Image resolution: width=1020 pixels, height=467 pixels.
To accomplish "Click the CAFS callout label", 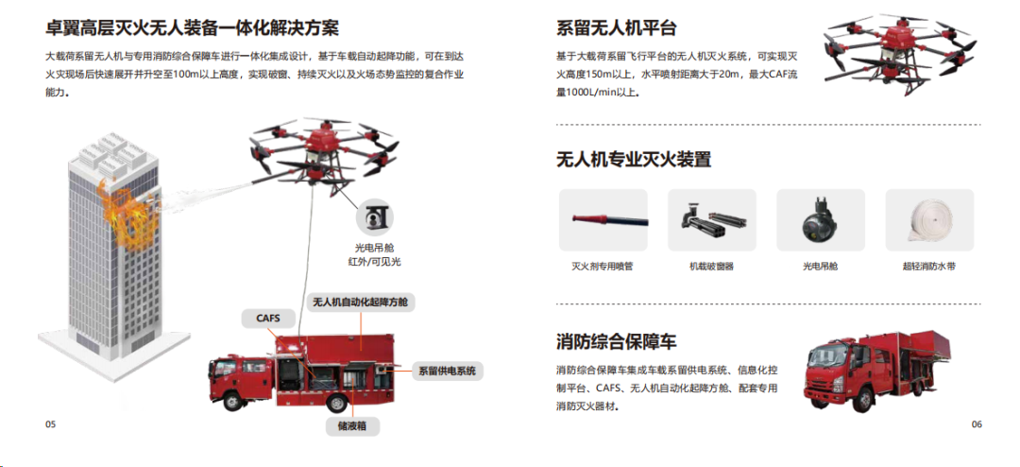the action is click(x=269, y=319).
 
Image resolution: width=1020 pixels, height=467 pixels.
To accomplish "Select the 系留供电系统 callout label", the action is click(x=447, y=372).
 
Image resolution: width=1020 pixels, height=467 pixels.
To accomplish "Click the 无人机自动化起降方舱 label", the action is click(x=361, y=303).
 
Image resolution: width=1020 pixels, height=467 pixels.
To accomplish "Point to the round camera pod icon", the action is click(x=375, y=218).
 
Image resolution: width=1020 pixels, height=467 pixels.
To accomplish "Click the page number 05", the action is click(x=51, y=424).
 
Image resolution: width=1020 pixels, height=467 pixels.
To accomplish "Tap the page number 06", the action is click(x=977, y=424).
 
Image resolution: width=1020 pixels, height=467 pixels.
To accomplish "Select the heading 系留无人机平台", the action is click(x=617, y=28).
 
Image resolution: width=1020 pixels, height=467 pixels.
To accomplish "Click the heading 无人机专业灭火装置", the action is click(x=634, y=159).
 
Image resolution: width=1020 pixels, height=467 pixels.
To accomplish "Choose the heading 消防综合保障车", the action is click(x=617, y=341).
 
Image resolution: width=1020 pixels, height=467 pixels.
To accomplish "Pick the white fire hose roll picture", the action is click(x=929, y=220).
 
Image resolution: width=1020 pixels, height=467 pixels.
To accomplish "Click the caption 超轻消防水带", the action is click(x=929, y=267).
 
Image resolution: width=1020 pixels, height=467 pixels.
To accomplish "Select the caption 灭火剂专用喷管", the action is click(x=603, y=267).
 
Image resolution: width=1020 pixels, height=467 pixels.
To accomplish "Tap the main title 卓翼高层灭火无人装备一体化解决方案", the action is click(x=192, y=28).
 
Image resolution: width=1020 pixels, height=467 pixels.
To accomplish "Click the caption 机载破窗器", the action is click(x=712, y=267).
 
